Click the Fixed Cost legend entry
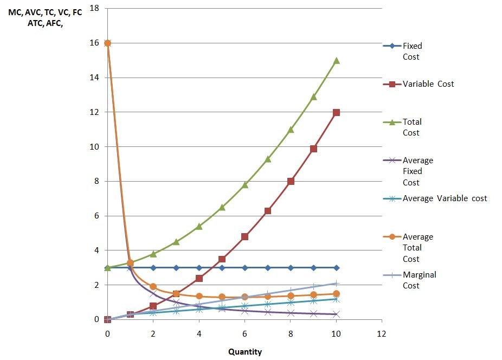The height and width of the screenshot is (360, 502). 412,52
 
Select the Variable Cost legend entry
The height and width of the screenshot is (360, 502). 428,84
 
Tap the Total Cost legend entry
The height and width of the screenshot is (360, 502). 412,127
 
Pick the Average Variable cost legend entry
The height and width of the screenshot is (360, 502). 445,198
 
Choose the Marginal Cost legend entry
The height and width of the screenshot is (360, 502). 419,280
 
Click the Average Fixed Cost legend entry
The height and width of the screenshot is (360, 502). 417,171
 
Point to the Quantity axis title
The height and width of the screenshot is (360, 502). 244,352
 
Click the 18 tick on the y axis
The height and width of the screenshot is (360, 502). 94,9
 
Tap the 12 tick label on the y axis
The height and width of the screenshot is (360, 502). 94,112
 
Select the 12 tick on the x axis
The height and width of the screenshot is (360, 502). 382,333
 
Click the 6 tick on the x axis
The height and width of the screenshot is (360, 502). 244,333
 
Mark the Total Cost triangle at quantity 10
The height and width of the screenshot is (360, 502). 336,60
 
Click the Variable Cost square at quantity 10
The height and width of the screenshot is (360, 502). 336,112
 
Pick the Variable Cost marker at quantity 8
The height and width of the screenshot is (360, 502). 291,181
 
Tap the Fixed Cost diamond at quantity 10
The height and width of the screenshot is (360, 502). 336,268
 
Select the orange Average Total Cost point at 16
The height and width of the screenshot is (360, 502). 107,43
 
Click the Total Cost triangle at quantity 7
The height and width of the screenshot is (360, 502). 268,159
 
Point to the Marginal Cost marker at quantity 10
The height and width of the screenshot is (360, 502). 336,284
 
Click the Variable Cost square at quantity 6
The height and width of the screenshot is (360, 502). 244,236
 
